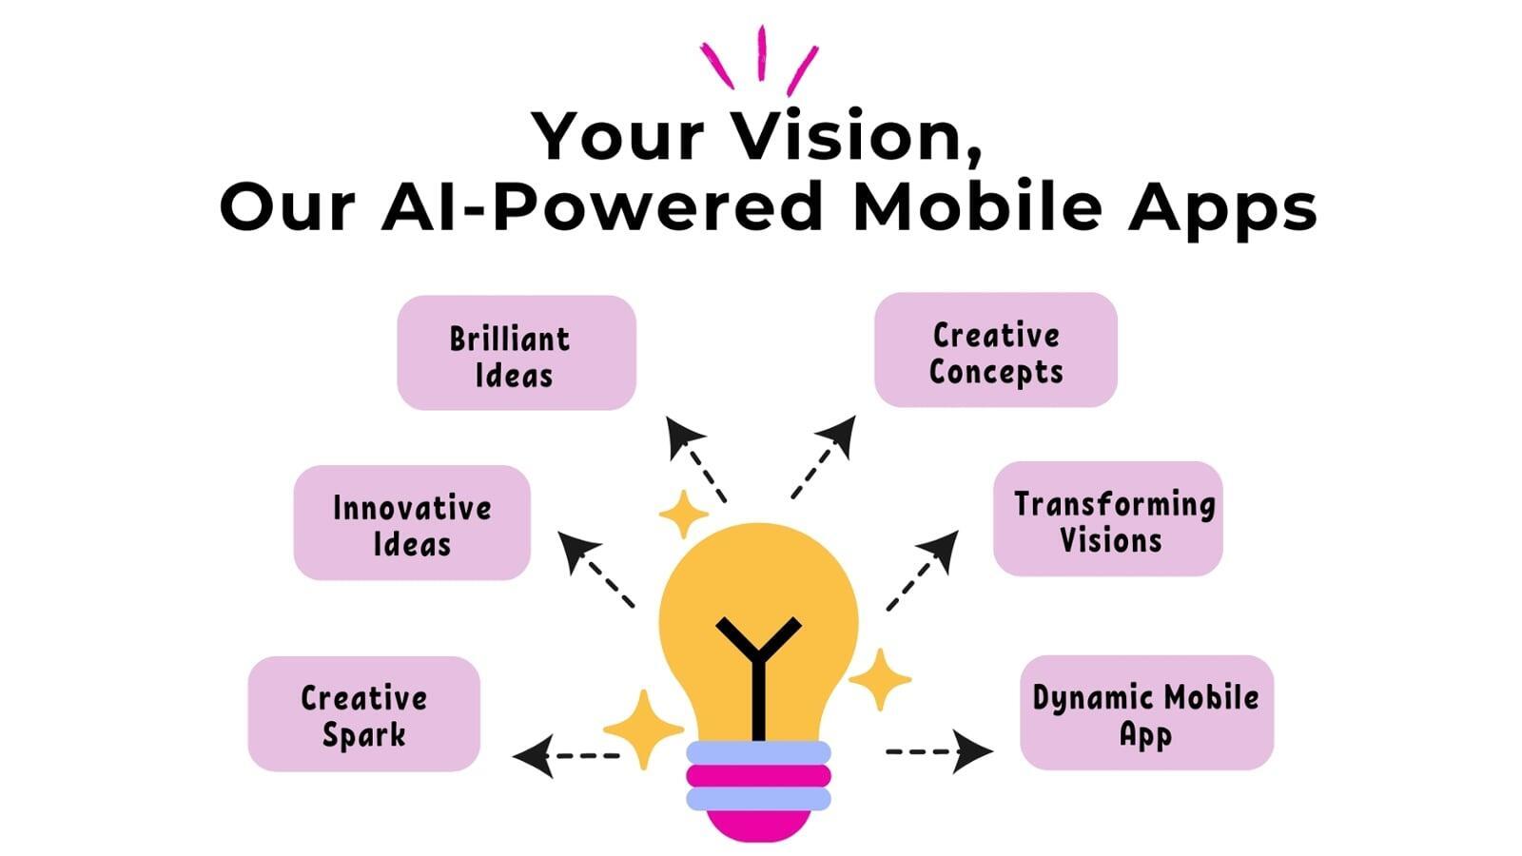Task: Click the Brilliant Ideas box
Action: click(x=517, y=353)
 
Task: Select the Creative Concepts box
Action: click(x=995, y=350)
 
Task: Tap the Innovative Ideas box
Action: click(x=412, y=522)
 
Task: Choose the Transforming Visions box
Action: click(x=1107, y=519)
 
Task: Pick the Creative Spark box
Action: click(x=363, y=713)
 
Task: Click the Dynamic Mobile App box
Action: click(x=1146, y=712)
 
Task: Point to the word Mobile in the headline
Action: click(x=978, y=205)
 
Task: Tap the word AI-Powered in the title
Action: click(x=602, y=206)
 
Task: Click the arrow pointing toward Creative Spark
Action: click(x=565, y=755)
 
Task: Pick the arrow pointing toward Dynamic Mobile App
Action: click(x=940, y=751)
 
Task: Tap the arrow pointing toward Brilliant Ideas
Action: click(x=695, y=459)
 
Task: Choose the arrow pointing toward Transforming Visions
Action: click(x=923, y=571)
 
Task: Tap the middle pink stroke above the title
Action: click(x=762, y=53)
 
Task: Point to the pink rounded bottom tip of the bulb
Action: click(x=758, y=825)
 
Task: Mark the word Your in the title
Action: click(x=617, y=136)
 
